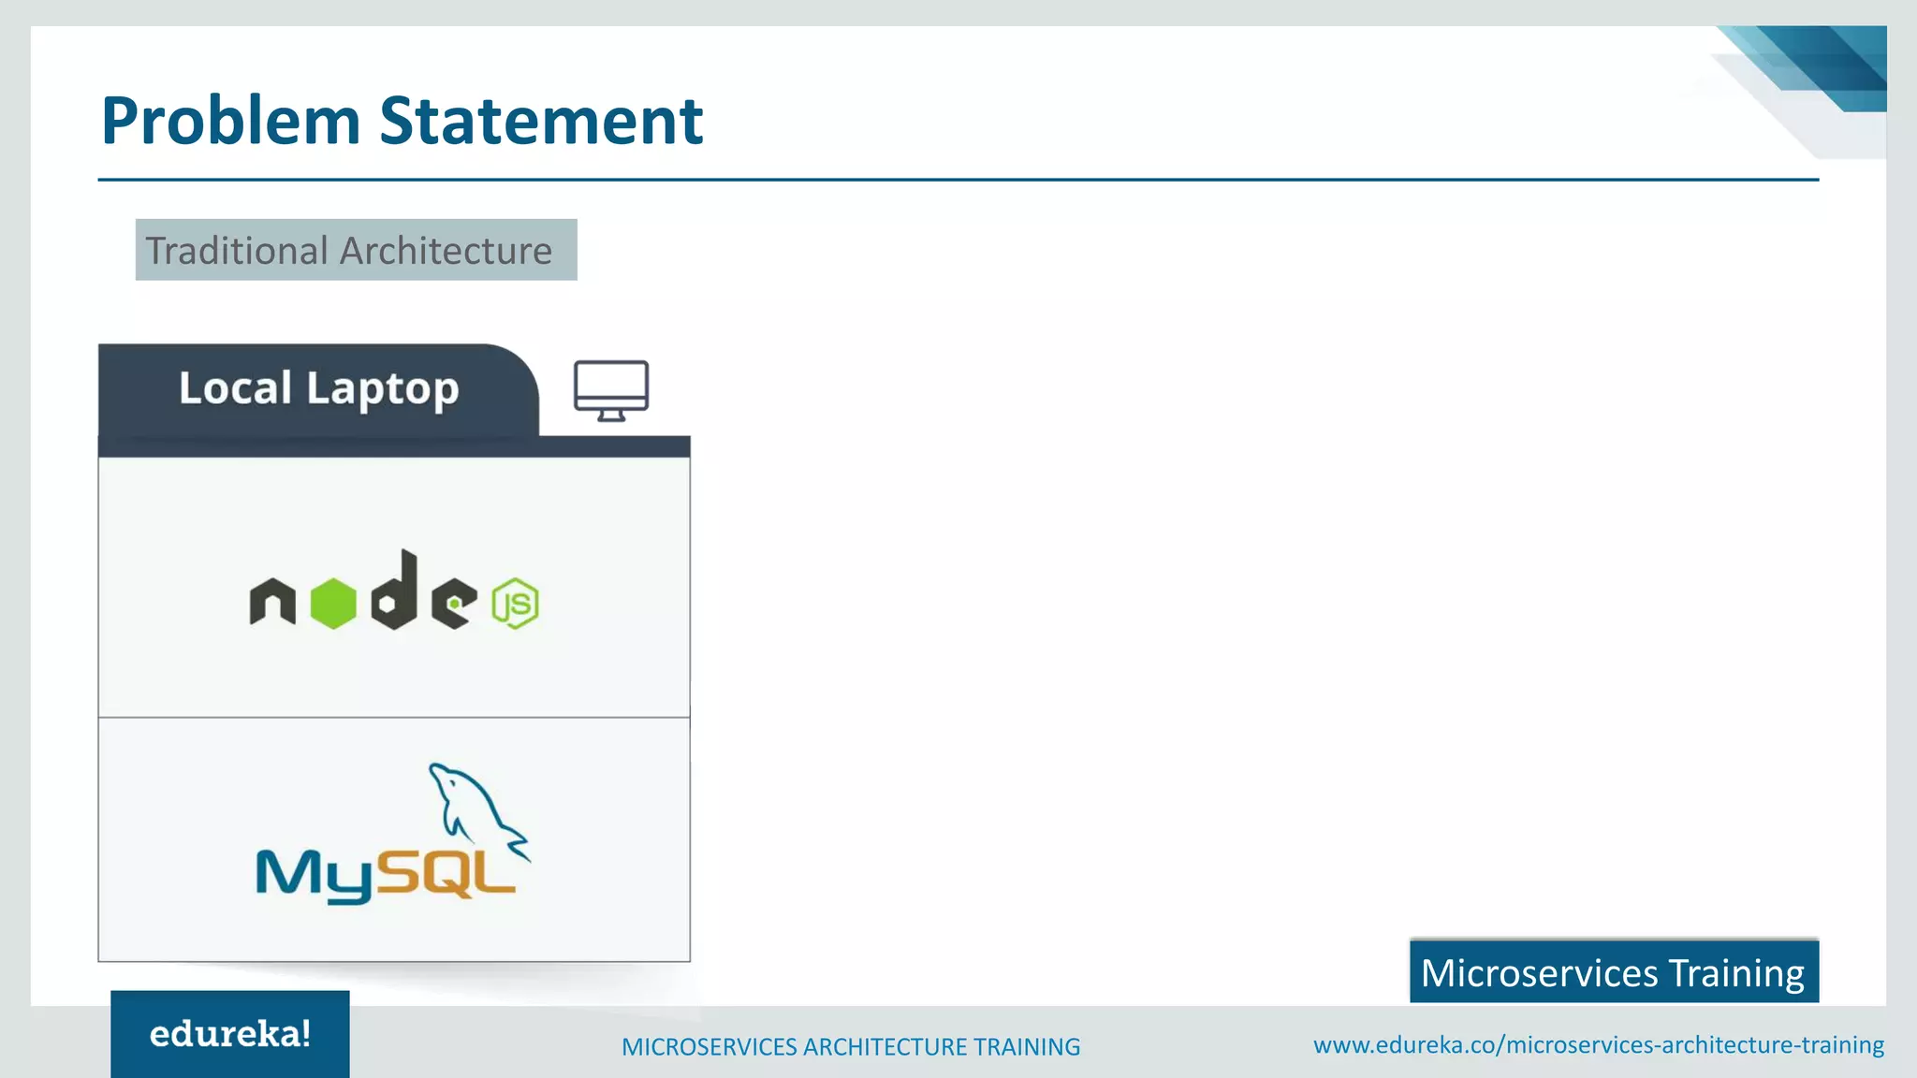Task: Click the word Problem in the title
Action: click(230, 122)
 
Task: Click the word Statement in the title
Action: click(540, 122)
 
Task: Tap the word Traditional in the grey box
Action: click(236, 251)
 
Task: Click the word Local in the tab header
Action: click(235, 388)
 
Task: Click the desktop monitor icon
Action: click(611, 389)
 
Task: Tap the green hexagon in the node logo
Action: click(333, 604)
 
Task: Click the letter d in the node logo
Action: click(395, 590)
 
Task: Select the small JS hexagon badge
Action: click(516, 604)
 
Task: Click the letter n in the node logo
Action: click(272, 602)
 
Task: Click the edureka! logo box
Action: click(230, 1034)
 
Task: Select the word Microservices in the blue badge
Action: click(1539, 973)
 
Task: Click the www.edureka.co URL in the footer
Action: click(1598, 1045)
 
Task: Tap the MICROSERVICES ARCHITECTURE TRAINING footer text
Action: click(851, 1047)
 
